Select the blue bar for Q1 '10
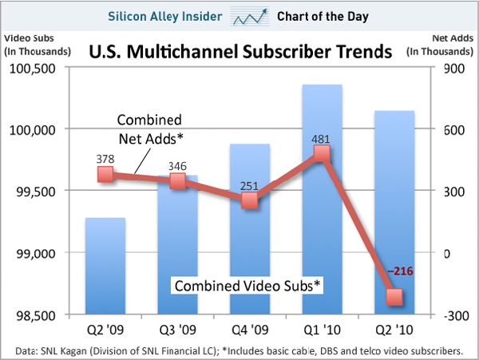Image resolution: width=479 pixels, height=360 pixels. pyautogui.click(x=323, y=199)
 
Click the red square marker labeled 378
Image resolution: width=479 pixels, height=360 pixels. pyautogui.click(x=105, y=173)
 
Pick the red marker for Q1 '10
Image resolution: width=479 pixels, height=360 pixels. pyautogui.click(x=323, y=152)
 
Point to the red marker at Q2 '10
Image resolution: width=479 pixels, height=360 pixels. pyautogui.click(x=395, y=297)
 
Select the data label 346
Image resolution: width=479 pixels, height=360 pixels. pyautogui.click(x=178, y=166)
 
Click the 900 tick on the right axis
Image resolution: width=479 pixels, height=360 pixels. pyautogui.click(x=452, y=68)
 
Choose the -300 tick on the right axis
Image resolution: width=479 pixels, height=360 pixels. pyautogui.click(x=452, y=315)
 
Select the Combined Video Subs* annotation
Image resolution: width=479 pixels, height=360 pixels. pyautogui.click(x=247, y=286)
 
